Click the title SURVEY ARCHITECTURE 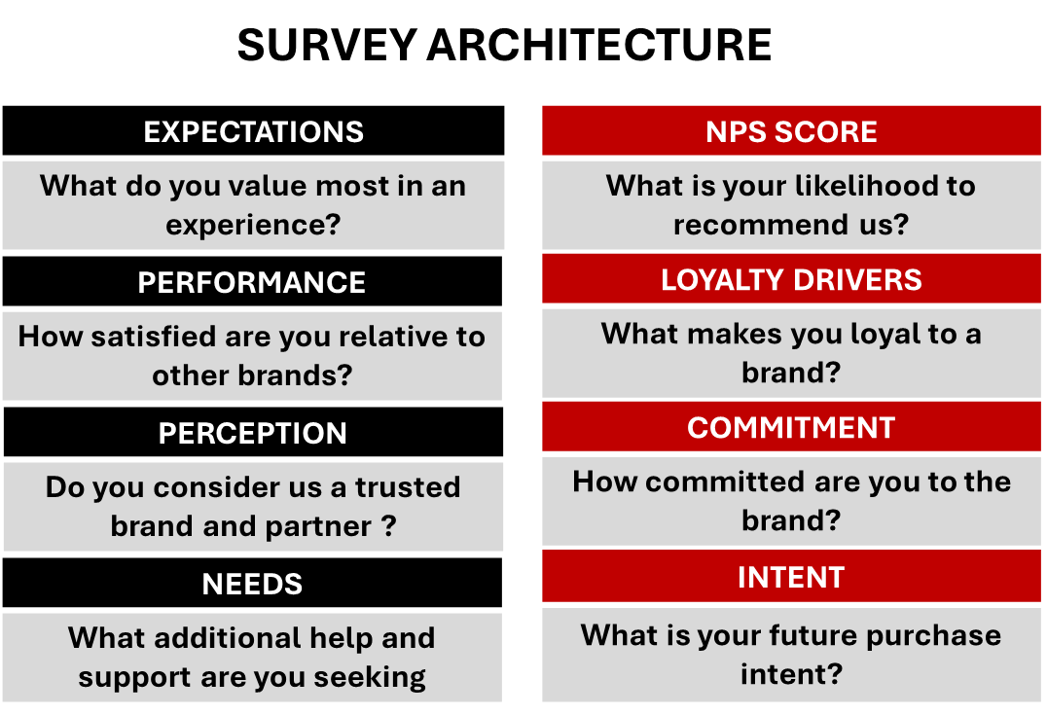(504, 45)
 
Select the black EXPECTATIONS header (253, 131)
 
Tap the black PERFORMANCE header (252, 282)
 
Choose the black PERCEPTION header (253, 433)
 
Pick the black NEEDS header (252, 584)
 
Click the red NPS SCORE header (791, 131)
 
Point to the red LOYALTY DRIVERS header (791, 279)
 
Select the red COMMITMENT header (791, 427)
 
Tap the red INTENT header (791, 577)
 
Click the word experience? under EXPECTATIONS (253, 225)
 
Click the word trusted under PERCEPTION (408, 486)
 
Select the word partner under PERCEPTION (318, 526)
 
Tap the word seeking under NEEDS (369, 678)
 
